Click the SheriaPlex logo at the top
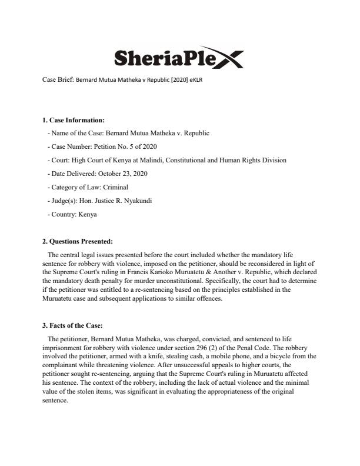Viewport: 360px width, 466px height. point(177,58)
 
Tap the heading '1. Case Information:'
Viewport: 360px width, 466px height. point(73,120)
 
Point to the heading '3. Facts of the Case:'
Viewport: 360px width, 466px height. point(73,325)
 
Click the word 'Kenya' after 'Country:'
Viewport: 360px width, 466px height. point(88,214)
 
